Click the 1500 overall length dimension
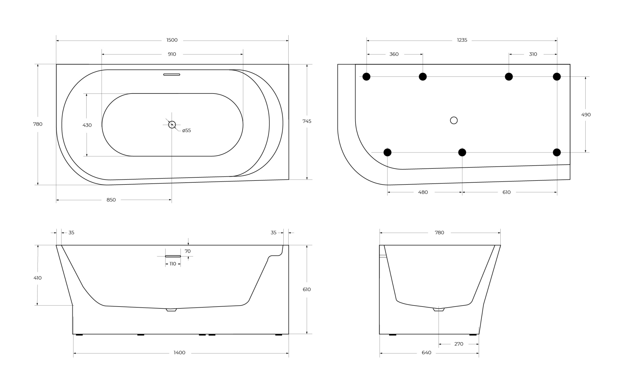coord(172,40)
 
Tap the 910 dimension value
coord(172,54)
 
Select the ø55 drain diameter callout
coord(187,131)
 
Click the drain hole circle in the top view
coord(172,125)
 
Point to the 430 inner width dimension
coord(87,125)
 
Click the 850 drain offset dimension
coord(111,200)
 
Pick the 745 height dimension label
coord(307,121)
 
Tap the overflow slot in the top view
coord(172,75)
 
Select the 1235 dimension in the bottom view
coord(462,40)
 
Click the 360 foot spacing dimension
coord(394,54)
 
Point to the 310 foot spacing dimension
coord(533,54)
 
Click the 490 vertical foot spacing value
coord(586,115)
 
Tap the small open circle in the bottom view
coord(454,120)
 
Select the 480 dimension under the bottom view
coord(423,192)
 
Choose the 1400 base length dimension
coord(179,353)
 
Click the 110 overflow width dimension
coord(173,264)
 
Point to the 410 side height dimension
coord(38,278)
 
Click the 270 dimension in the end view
coord(459,344)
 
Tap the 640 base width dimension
coord(427,353)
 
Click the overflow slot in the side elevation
coord(173,256)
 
